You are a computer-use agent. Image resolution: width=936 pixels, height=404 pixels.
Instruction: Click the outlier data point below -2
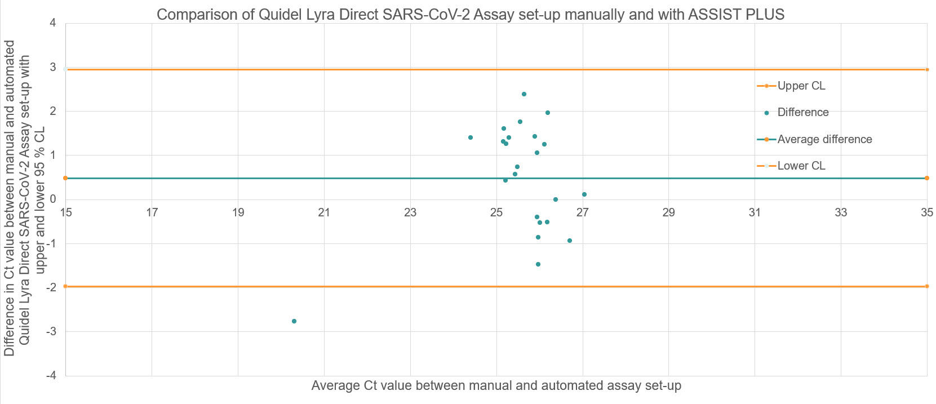click(x=294, y=321)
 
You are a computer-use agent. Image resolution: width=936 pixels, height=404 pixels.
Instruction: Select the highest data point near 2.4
click(x=524, y=94)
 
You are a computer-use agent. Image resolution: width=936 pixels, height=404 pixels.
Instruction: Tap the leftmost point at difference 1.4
click(x=470, y=137)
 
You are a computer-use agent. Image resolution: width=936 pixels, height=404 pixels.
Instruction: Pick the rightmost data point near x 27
click(x=584, y=194)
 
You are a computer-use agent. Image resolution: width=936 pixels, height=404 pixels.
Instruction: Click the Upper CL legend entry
click(x=801, y=86)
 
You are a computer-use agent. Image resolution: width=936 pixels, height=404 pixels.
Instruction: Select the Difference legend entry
click(x=802, y=112)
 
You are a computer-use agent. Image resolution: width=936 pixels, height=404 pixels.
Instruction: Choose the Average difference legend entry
click(x=824, y=139)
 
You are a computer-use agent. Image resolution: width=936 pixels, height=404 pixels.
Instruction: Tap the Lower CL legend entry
click(x=801, y=166)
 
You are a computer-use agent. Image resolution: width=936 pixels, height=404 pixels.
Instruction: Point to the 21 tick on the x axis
click(x=324, y=212)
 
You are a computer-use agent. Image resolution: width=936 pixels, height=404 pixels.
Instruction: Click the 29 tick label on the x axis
click(x=668, y=212)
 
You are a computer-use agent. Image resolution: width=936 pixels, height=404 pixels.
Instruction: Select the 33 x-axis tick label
click(x=840, y=212)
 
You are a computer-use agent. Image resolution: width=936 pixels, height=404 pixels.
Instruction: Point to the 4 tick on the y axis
click(x=52, y=23)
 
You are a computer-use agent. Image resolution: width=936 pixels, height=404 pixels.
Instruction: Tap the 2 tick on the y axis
click(x=52, y=112)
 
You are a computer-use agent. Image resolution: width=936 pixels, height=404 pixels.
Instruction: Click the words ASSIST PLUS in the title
click(x=736, y=14)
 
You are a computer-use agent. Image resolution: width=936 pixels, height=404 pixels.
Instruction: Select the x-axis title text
click(x=496, y=386)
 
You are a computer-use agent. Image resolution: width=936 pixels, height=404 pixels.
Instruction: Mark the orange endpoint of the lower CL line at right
click(x=926, y=286)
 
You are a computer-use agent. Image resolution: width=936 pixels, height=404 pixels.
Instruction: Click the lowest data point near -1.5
click(x=538, y=264)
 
